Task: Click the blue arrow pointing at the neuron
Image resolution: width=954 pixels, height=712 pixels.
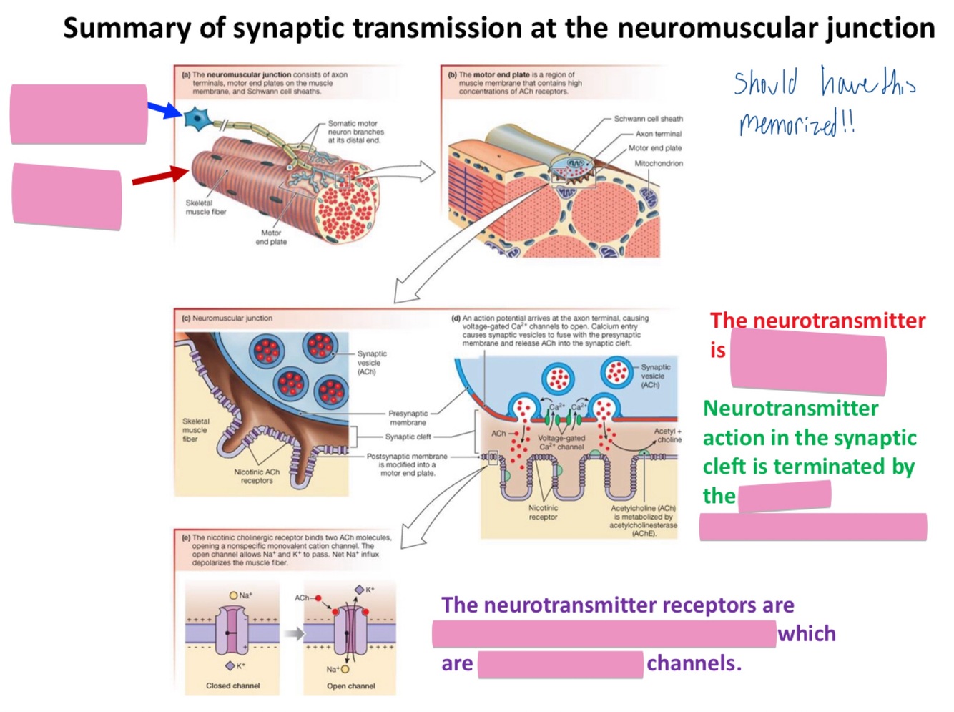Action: (164, 109)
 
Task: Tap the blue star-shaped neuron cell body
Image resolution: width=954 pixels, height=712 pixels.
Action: (195, 117)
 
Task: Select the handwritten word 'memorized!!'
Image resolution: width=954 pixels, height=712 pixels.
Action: (796, 125)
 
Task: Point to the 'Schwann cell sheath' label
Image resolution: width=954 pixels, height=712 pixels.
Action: (648, 119)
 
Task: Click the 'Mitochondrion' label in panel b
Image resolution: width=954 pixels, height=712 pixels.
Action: (658, 164)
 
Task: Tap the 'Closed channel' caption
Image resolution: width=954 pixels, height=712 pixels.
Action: (233, 686)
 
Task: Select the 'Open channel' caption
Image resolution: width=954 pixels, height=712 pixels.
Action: (350, 686)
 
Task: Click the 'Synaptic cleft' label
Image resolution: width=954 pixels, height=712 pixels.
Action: (408, 437)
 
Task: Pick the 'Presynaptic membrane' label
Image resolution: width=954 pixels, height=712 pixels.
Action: (408, 418)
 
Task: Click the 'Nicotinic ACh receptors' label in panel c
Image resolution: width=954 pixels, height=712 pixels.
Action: (257, 477)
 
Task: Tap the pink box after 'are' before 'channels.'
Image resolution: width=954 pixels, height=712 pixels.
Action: (560, 665)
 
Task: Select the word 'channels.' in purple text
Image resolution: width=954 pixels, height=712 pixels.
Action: (693, 663)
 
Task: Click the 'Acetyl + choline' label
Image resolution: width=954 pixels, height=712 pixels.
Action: (668, 435)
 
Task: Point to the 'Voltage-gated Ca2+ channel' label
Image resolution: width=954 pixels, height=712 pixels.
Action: (561, 442)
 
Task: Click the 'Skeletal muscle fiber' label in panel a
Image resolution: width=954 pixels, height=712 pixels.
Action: (205, 208)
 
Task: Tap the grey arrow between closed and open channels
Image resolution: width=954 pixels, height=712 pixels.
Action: (293, 633)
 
